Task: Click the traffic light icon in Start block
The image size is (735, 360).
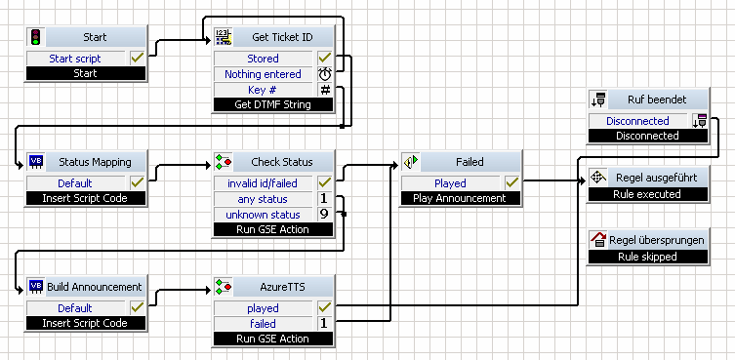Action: point(35,36)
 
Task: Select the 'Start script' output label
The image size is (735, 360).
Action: point(75,59)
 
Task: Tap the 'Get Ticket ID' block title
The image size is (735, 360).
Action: point(282,36)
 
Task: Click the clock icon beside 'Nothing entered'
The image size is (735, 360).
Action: point(325,74)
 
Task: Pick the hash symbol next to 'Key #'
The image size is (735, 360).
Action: point(325,90)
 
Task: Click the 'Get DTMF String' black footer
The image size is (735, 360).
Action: point(272,104)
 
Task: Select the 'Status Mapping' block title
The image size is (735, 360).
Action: point(95,162)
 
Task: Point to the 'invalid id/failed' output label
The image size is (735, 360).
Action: point(263,183)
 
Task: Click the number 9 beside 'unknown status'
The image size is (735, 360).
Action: point(324,215)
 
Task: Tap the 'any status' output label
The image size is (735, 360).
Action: point(263,199)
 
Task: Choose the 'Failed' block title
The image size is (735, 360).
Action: point(470,162)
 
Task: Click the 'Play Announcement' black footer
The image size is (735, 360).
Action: point(460,198)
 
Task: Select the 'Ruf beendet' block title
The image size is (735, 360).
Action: point(657,100)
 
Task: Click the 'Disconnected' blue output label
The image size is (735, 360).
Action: point(637,121)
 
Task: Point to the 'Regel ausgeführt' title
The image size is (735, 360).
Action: point(656,178)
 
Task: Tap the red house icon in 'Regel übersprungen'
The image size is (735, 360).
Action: point(598,240)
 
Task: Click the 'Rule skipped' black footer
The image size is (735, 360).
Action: point(647,257)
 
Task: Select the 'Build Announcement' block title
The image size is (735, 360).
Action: point(95,287)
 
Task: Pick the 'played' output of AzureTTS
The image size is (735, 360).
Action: point(263,308)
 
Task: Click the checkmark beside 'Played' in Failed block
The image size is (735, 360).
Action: point(511,182)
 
